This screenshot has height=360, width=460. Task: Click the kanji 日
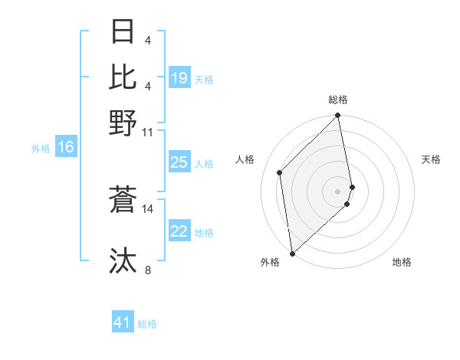123,32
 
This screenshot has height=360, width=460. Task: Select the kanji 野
123,123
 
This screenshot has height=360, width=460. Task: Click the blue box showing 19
179,78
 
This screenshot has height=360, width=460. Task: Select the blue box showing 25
179,162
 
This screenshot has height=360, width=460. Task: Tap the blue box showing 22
179,232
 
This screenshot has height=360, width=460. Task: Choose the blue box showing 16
66,148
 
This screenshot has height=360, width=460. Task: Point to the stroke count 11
148,132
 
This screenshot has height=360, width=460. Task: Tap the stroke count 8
148,270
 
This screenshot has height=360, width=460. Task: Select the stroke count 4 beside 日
148,40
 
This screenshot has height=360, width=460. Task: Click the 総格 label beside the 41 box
147,324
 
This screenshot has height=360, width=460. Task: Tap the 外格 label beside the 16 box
41,149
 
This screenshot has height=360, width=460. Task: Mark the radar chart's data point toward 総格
338,116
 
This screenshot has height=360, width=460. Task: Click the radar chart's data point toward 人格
280,172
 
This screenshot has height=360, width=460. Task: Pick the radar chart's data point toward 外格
292,253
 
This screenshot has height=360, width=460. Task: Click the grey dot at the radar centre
338,191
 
